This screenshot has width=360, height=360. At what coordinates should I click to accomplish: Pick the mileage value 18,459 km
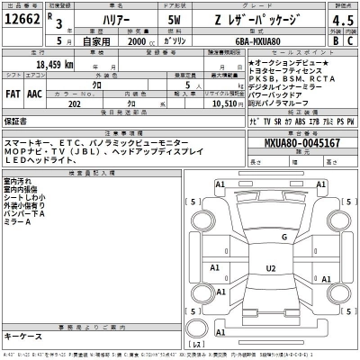(x=53, y=66)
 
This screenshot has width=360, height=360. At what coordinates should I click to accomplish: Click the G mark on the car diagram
(x=283, y=237)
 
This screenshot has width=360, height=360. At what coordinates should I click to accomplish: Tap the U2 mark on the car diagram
(x=270, y=268)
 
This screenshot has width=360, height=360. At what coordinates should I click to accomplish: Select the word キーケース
(x=23, y=336)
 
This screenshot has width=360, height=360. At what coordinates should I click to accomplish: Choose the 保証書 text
(x=16, y=120)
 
